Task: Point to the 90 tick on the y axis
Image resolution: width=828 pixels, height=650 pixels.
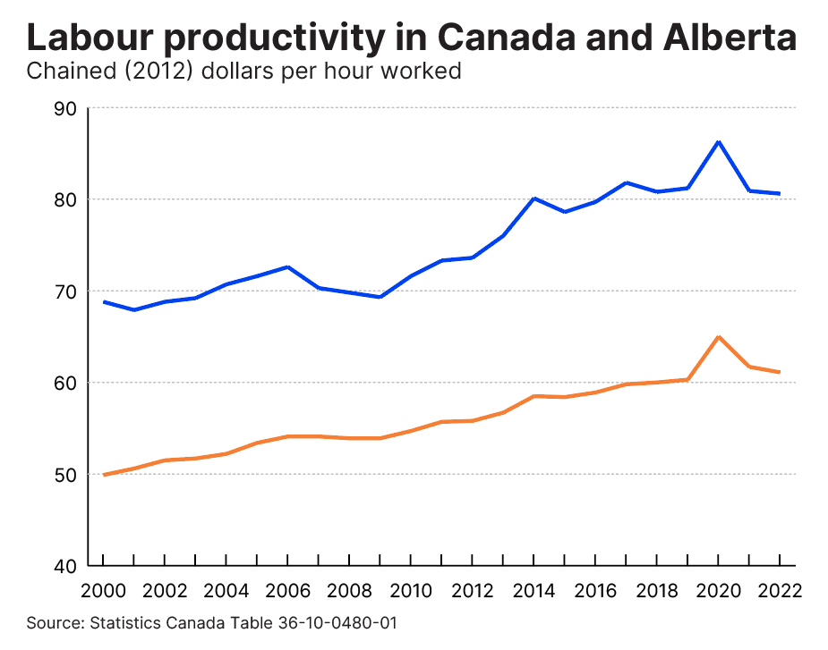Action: pos(67,108)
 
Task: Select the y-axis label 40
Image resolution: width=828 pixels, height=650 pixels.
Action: pos(67,566)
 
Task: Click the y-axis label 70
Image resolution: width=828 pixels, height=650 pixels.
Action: pos(67,291)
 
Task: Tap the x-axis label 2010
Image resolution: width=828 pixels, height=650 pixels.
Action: pos(410,592)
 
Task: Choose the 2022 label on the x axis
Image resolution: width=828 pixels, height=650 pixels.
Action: pos(780,592)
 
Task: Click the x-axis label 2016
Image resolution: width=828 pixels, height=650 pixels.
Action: pos(594,592)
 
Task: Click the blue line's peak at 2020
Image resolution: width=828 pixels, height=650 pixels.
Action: pos(718,141)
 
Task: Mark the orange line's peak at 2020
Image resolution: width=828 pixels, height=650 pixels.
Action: pos(718,337)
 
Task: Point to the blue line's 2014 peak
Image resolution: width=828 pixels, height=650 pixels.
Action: pos(534,198)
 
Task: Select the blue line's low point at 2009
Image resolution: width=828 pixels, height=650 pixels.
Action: pos(380,297)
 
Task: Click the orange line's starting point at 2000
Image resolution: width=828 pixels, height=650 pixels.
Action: pos(103,475)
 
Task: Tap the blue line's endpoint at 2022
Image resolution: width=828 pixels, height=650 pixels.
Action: pos(780,194)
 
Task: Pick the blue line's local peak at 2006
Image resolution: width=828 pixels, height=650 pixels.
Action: pos(287,266)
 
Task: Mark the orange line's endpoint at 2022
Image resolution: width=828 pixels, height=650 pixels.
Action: pos(780,372)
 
